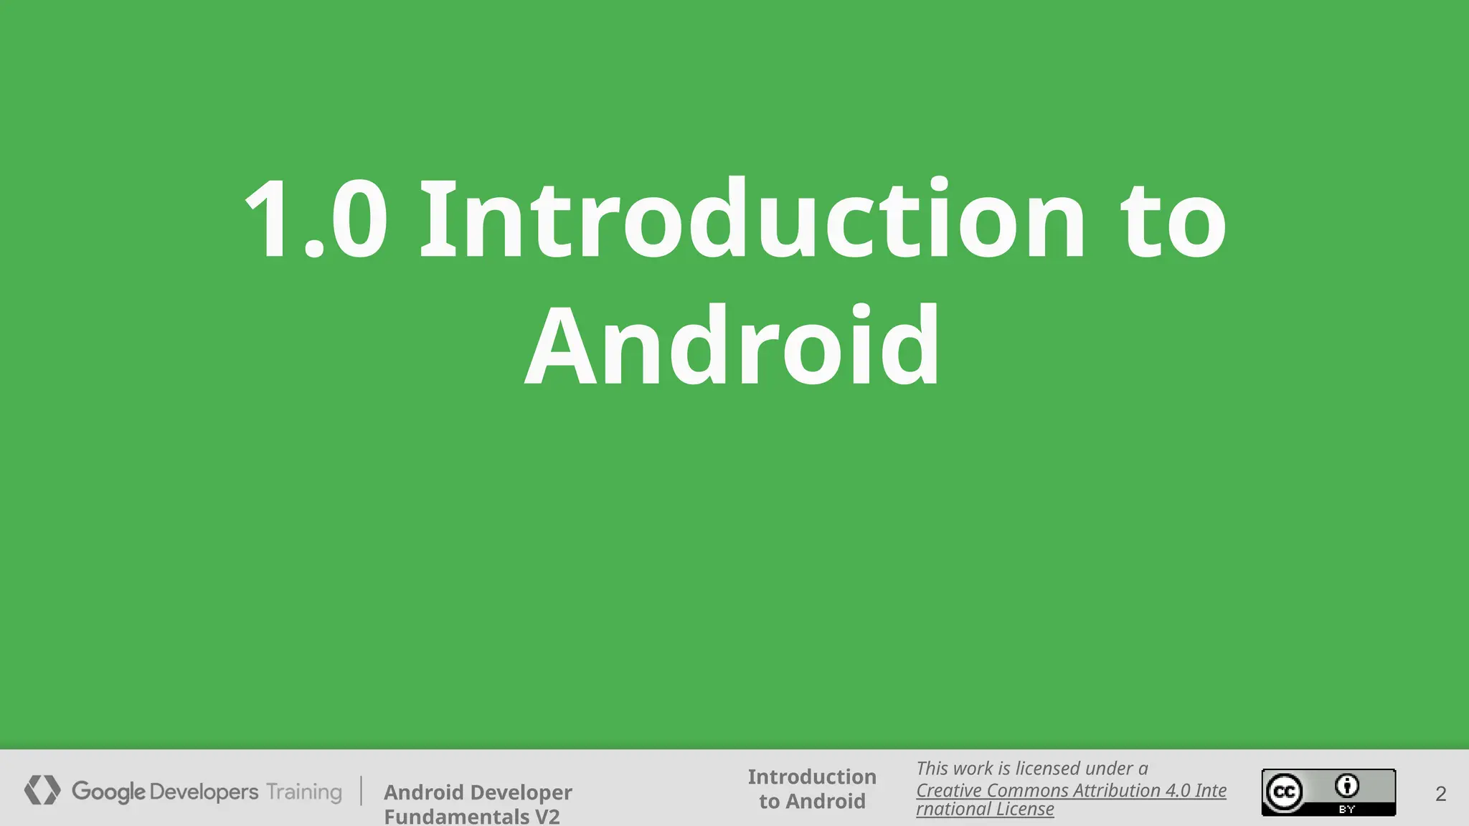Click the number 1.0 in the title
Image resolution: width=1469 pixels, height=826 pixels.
(x=316, y=219)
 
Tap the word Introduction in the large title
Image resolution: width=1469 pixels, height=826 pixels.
(x=752, y=219)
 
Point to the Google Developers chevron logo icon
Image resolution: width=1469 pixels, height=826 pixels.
(x=42, y=790)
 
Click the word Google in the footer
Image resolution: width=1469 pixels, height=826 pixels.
(x=108, y=792)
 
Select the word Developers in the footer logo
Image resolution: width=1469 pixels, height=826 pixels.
(x=204, y=792)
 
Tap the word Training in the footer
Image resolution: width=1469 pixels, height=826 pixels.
(x=304, y=792)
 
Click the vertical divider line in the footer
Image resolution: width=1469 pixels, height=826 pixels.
(x=362, y=791)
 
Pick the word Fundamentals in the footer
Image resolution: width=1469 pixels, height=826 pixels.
(x=456, y=816)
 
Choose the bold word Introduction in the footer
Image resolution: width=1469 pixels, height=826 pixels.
(x=812, y=777)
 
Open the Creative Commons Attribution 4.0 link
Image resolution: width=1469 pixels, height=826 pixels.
(x=1071, y=790)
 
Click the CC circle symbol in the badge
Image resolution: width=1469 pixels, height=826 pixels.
(x=1284, y=792)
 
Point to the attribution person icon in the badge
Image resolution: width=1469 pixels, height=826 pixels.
(x=1347, y=786)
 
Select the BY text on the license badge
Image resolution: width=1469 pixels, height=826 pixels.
(x=1347, y=810)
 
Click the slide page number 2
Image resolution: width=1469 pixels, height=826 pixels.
(x=1441, y=794)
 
